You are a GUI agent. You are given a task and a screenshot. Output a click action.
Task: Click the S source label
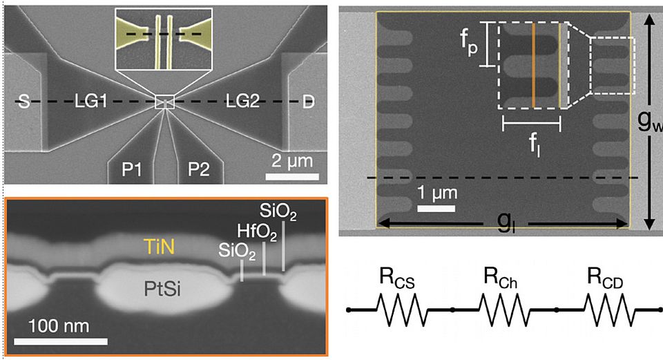point(24,103)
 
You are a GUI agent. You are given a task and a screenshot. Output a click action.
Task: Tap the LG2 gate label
point(242,103)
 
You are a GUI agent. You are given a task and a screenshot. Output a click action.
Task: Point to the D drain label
point(308,103)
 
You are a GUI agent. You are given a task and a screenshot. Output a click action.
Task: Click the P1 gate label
point(133,169)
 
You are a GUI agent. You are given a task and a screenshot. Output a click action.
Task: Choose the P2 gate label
point(195,169)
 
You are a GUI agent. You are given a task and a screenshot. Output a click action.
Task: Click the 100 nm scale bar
point(61,341)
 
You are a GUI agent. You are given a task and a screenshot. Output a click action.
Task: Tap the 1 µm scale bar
point(437,208)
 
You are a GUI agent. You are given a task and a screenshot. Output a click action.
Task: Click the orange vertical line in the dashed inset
point(534,66)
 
